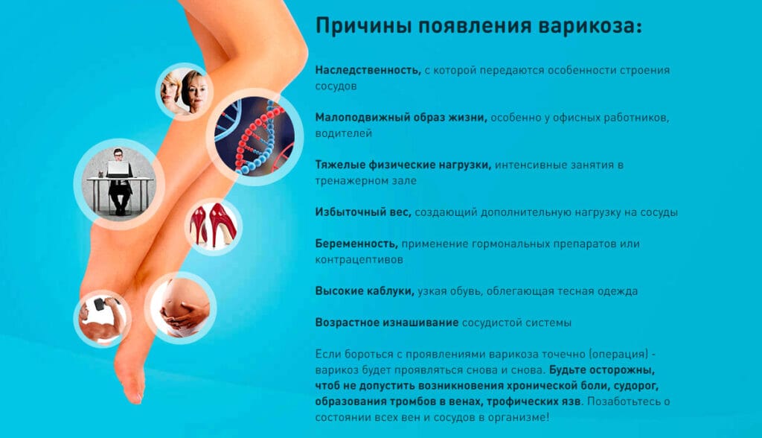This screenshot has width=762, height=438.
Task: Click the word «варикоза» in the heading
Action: click(x=589, y=26)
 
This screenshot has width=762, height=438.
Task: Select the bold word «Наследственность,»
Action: click(x=368, y=70)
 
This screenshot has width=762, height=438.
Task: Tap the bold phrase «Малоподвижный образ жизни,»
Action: click(x=401, y=118)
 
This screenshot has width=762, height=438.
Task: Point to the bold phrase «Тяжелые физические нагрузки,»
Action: click(x=403, y=165)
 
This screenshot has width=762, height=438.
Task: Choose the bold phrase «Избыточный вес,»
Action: click(x=363, y=212)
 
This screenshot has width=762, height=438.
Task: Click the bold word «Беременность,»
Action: click(x=356, y=244)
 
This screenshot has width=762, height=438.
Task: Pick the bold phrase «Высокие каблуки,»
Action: click(x=365, y=291)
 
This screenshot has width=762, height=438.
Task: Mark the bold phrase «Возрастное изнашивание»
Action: click(x=387, y=323)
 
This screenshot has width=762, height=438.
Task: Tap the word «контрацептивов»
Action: click(x=359, y=260)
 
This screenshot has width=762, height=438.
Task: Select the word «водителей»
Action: click(x=344, y=133)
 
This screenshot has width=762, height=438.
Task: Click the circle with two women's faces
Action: click(x=185, y=92)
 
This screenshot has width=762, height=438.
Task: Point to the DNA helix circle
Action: click(x=254, y=137)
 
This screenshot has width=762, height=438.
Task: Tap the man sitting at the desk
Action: click(x=119, y=181)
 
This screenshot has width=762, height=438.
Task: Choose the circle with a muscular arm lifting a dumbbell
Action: click(x=103, y=319)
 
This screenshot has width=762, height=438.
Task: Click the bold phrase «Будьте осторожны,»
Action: click(x=602, y=370)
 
